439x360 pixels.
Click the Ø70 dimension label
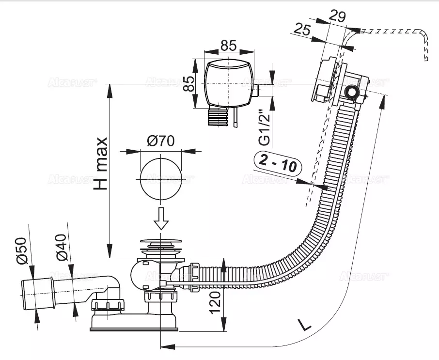pos(160,141)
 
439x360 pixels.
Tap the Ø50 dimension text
pos(21,251)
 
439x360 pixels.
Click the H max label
pos(100,163)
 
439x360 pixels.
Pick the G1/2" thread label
pos(264,128)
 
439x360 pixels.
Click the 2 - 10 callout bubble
pos(278,164)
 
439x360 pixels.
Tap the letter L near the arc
pos(304,324)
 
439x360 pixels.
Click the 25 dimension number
pos(303,30)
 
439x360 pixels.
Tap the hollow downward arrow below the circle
pos(161,218)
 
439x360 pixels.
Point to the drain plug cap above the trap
pos(160,241)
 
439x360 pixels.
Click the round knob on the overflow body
pos(351,92)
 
